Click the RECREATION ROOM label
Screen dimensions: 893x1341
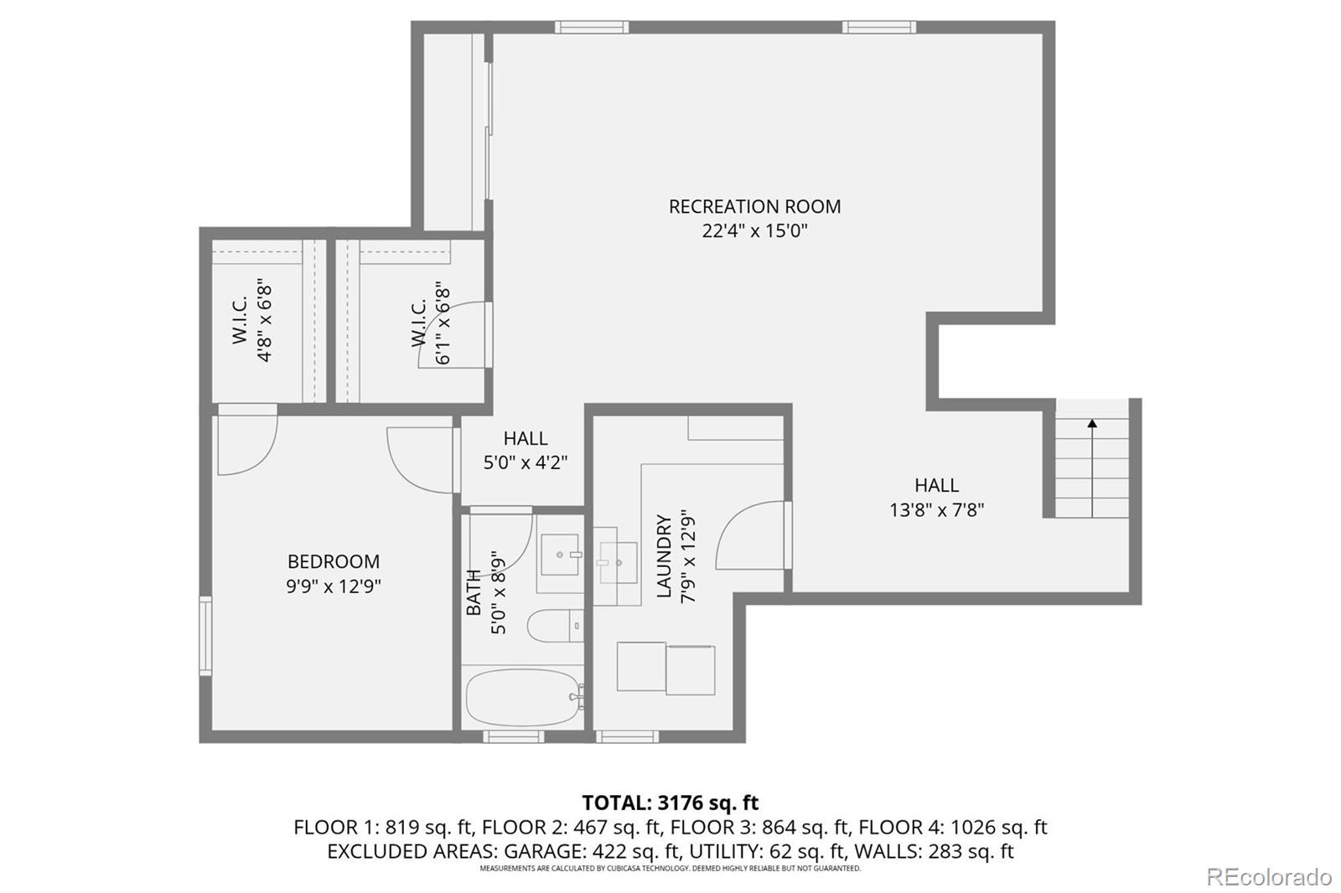(x=754, y=206)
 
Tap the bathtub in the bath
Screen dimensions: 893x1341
(x=523, y=697)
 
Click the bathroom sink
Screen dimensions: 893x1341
(x=559, y=555)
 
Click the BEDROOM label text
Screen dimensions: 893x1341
(x=333, y=561)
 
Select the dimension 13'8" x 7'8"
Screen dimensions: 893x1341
(x=936, y=509)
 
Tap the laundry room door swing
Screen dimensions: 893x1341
(x=750, y=536)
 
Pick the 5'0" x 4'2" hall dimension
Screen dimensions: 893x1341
(x=526, y=462)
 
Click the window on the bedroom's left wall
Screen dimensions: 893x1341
(x=205, y=635)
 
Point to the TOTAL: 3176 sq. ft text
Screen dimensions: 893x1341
(x=670, y=803)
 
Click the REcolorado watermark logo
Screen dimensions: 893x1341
(x=1268, y=877)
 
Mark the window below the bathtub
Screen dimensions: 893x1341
(x=514, y=737)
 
